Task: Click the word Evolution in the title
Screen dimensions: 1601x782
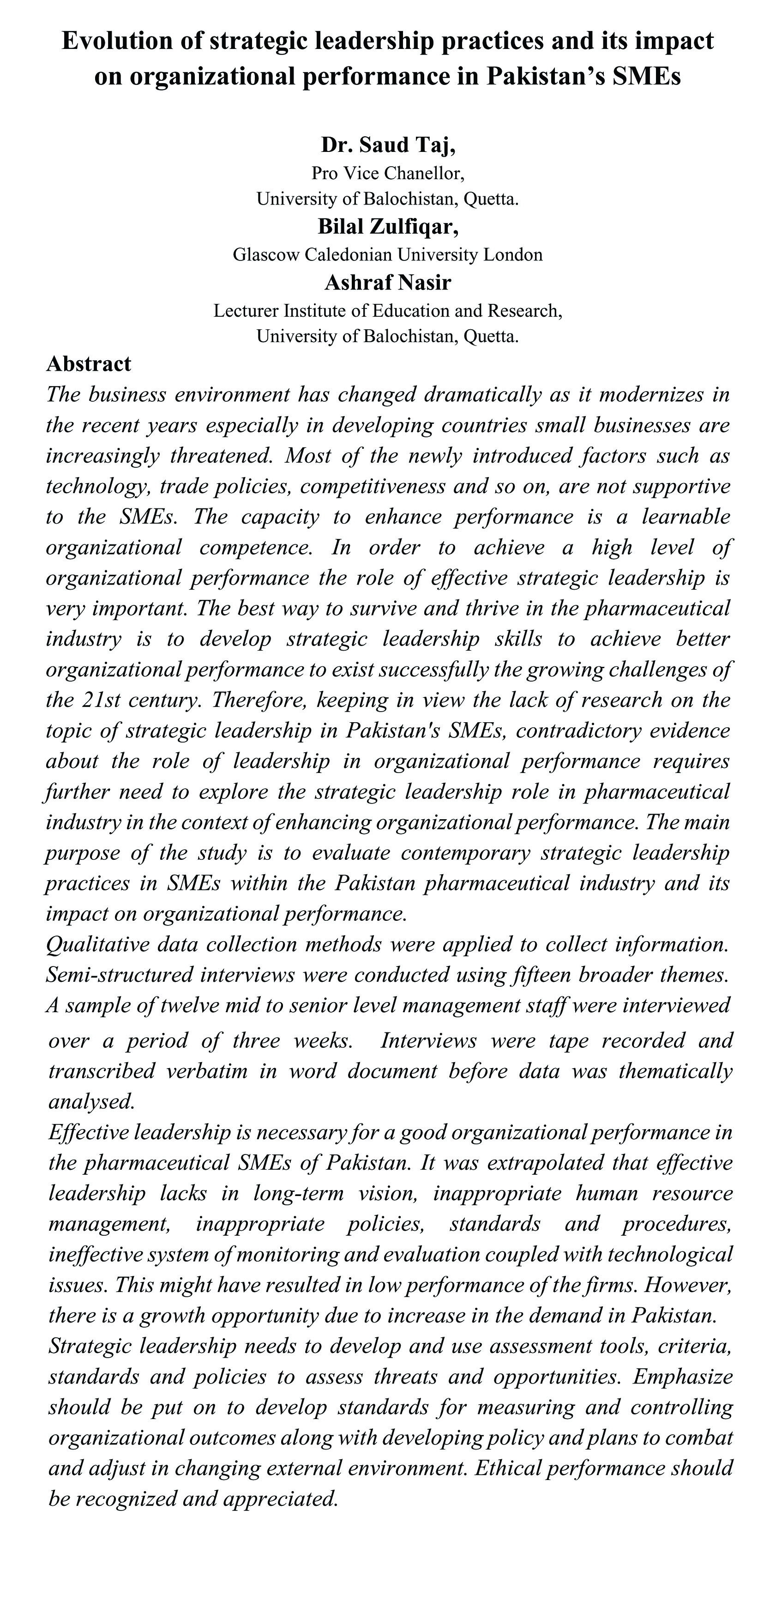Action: coord(116,41)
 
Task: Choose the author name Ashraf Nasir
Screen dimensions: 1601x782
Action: coord(388,283)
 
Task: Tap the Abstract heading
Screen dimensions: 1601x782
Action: coord(89,363)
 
